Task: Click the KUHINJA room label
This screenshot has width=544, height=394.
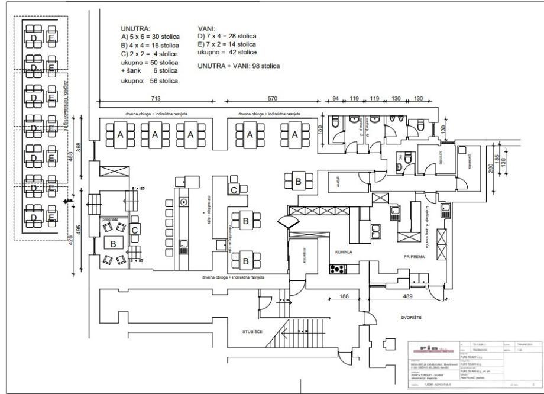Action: tap(344, 252)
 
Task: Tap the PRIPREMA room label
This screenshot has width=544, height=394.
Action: tap(415, 257)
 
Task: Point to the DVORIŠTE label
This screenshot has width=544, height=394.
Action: tap(413, 317)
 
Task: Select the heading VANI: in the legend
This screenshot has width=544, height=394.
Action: tap(206, 28)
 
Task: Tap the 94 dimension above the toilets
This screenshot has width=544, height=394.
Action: tap(334, 98)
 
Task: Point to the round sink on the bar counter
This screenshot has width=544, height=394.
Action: tap(184, 202)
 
